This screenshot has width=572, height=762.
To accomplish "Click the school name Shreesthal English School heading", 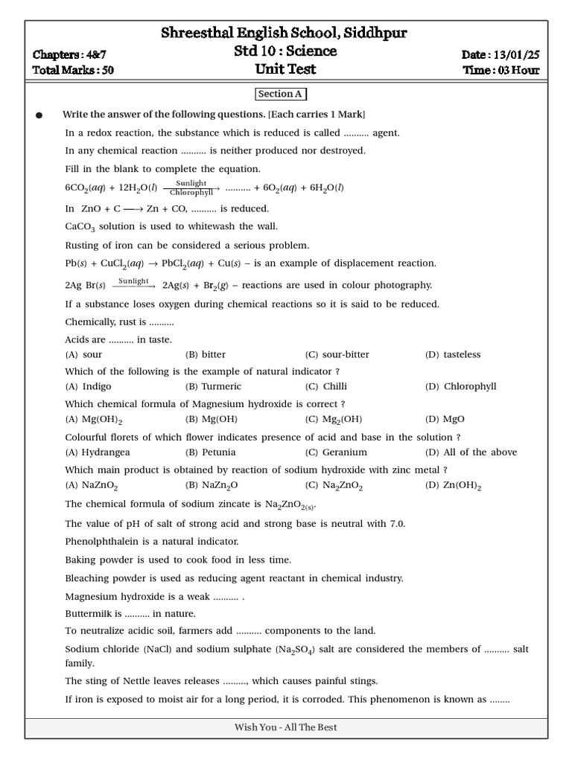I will tap(285, 33).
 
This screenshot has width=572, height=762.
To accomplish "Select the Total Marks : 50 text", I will tap(73, 71).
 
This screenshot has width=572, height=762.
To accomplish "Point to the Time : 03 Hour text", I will tap(500, 71).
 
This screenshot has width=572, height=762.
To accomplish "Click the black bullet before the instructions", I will tap(39, 115).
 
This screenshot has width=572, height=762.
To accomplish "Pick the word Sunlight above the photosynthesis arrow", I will tap(191, 182).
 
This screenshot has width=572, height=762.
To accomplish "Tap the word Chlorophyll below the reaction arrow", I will tap(191, 193).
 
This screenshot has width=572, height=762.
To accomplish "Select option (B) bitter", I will tap(206, 355).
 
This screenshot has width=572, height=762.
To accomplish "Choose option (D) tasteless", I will tap(453, 355).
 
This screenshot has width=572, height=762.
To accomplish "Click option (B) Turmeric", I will tap(213, 387).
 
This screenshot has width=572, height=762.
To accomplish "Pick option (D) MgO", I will tap(445, 420).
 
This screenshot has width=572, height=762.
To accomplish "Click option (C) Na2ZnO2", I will tap(334, 485).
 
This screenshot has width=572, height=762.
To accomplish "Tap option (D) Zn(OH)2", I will tap(454, 485).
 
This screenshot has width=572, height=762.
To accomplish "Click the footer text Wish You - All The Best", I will tap(286, 727).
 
